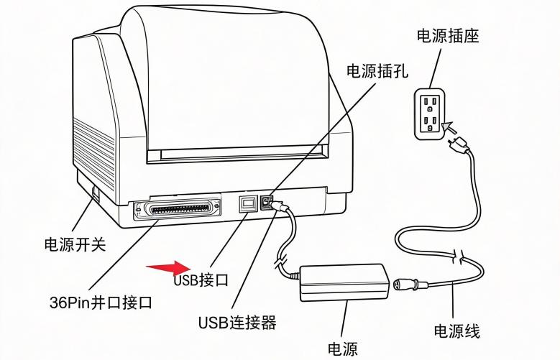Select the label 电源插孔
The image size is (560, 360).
(377, 70)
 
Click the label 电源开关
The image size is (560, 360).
(75, 244)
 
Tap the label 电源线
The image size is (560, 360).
(457, 331)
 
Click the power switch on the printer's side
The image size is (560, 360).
(95, 193)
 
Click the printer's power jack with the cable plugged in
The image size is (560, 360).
(269, 202)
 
